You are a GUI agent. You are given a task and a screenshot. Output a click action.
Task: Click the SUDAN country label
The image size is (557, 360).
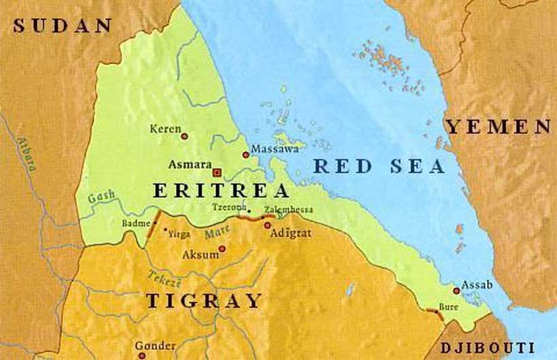click(62, 26)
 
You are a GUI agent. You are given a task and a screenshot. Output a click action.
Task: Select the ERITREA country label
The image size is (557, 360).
click(220, 191)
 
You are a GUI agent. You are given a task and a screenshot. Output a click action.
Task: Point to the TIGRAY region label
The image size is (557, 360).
click(203, 300)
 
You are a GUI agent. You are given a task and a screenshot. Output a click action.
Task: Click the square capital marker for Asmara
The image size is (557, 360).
click(218, 172)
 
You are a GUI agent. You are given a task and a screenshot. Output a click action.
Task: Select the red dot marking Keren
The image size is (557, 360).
click(184, 136)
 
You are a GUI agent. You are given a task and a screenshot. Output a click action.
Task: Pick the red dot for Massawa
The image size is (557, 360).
click(246, 155)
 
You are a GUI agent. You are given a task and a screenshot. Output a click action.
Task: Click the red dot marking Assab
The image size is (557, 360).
click(456, 290)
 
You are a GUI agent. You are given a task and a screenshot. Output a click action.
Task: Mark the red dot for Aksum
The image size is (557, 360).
click(221, 249)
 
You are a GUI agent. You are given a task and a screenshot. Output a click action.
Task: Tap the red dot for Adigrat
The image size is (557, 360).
click(267, 225)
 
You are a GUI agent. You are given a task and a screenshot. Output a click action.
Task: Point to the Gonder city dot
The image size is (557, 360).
click(141, 355)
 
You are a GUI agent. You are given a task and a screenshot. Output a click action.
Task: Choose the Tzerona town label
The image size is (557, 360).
click(228, 206)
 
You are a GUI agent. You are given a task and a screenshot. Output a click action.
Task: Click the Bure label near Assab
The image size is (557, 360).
click(448, 307)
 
